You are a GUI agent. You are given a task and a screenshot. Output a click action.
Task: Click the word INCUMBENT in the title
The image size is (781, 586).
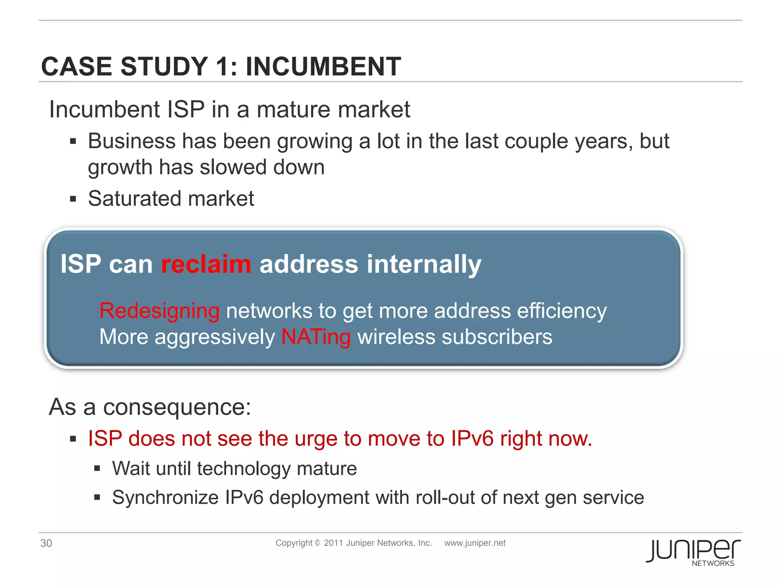(x=323, y=67)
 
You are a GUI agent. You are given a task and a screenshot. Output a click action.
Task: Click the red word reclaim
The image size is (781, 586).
(x=206, y=264)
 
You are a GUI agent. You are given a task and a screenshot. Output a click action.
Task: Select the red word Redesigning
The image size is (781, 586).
(x=159, y=311)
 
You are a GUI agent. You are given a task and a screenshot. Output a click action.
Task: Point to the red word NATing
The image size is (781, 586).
(x=316, y=337)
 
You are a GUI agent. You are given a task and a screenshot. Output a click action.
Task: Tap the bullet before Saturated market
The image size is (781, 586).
(x=73, y=199)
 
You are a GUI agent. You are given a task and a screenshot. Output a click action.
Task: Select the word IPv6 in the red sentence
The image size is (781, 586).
(x=472, y=438)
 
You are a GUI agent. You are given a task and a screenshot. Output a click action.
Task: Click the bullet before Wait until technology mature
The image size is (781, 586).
(x=97, y=468)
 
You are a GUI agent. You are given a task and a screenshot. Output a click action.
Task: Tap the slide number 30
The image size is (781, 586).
(x=46, y=543)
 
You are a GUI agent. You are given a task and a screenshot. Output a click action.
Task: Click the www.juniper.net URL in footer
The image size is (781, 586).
(x=475, y=543)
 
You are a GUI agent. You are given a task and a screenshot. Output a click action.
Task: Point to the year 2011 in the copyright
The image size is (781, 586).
(x=333, y=543)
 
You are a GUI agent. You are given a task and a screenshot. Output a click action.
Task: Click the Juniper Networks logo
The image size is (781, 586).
(x=693, y=552)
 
